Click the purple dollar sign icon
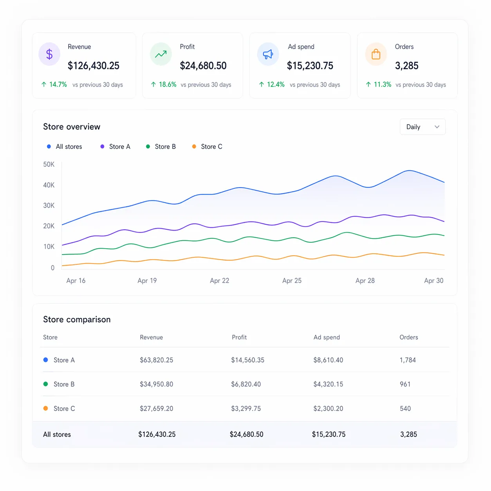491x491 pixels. coord(49,54)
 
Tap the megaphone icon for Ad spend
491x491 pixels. coord(268,54)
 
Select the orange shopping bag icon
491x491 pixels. coord(376,54)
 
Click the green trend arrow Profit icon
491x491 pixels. coord(161,54)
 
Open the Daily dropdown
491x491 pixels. coord(422,127)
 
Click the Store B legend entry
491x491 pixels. coord(161,146)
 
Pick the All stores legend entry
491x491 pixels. coord(65,146)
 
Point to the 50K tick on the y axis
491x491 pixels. coord(49,164)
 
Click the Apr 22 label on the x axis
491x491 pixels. coord(219,281)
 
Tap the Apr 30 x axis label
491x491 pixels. coord(433,281)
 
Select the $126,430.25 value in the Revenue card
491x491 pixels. coord(94,66)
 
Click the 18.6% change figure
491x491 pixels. coord(167,85)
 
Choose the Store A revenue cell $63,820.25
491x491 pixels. coord(156,360)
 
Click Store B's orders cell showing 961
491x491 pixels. coord(405,384)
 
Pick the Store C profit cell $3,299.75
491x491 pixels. coord(246,408)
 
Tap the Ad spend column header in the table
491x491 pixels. coord(327,337)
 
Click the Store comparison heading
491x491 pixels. coord(77,320)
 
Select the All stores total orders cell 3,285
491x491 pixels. coord(408,434)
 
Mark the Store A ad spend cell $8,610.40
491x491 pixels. coord(328,360)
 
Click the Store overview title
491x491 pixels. coord(72,127)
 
